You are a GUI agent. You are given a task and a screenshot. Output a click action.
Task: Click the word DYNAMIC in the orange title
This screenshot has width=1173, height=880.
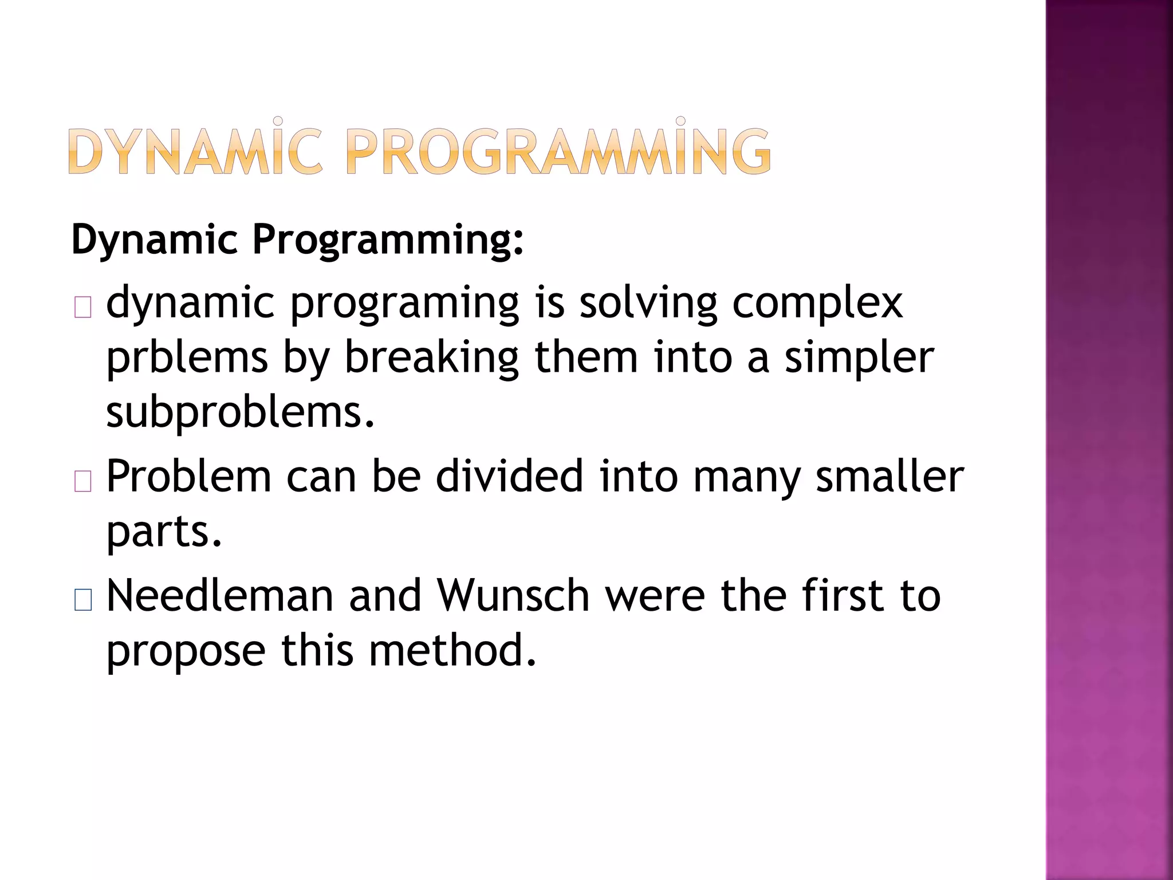(x=195, y=151)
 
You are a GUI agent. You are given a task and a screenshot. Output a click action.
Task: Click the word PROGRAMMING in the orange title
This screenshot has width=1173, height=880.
(x=558, y=151)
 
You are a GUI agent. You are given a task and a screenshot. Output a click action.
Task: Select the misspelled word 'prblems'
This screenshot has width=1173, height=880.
(x=187, y=358)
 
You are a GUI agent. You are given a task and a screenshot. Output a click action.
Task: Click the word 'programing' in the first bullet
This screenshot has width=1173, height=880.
(x=404, y=304)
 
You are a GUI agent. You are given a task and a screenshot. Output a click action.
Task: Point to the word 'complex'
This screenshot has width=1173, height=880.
(x=817, y=304)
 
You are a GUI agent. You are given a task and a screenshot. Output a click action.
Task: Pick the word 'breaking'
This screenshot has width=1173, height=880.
(x=431, y=358)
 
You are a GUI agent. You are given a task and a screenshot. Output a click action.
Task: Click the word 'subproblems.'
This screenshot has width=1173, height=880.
(x=241, y=413)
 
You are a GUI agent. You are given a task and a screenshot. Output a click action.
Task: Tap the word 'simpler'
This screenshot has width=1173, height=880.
(x=859, y=358)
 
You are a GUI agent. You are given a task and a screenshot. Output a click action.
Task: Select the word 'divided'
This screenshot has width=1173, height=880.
(x=509, y=477)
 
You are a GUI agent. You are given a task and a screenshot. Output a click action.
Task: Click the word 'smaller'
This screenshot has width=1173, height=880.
(x=889, y=477)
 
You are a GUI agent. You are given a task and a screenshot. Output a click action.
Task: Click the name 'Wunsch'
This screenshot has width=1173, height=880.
(x=513, y=596)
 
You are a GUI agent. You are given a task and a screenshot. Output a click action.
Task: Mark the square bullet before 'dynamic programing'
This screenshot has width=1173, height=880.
(x=83, y=308)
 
